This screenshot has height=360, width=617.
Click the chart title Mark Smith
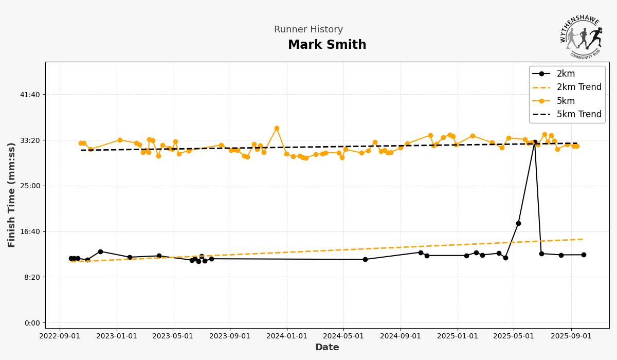pos(327,45)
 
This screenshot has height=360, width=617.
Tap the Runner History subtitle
pos(308,30)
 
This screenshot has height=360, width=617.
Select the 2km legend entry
pos(566,74)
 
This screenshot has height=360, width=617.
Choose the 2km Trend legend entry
pos(578,87)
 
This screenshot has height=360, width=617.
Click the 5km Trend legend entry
pos(578,114)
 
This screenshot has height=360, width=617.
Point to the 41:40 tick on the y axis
pos(30,95)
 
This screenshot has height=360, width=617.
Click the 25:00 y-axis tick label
pos(30,186)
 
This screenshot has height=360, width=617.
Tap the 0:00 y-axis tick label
pos(32,323)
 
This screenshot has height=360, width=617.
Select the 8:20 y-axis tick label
pos(32,277)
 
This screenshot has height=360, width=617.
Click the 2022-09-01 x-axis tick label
pos(60,336)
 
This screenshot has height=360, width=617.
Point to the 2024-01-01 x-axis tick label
pos(287,336)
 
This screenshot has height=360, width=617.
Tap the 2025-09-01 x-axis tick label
pos(571,336)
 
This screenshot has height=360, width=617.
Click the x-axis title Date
pos(327,348)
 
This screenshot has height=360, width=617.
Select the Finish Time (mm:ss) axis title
pos(12,195)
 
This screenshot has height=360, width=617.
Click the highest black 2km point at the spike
pos(535,142)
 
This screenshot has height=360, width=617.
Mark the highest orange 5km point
pos(277,129)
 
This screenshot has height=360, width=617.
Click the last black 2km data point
pos(584,255)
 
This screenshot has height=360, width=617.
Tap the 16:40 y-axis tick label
pos(30,231)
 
